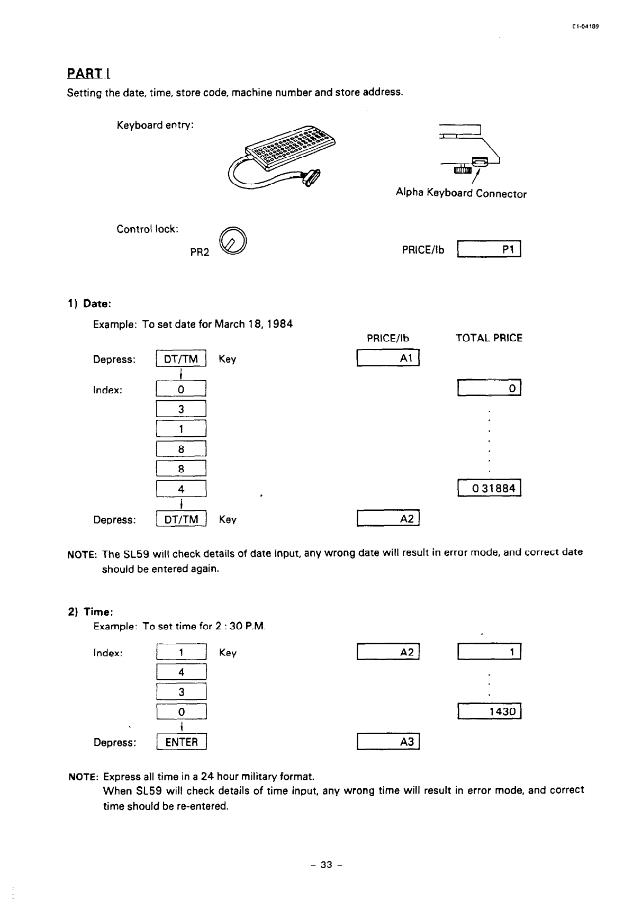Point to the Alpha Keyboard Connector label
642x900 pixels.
[x=461, y=193]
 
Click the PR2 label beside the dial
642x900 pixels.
[x=200, y=253]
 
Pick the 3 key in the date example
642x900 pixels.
[x=181, y=409]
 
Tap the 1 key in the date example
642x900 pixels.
[x=181, y=429]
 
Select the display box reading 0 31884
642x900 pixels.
[x=490, y=488]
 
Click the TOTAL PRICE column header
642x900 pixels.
[x=489, y=338]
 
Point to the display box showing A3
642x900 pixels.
[x=388, y=742]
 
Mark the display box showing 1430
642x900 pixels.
[x=490, y=712]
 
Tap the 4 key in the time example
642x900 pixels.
[x=181, y=672]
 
